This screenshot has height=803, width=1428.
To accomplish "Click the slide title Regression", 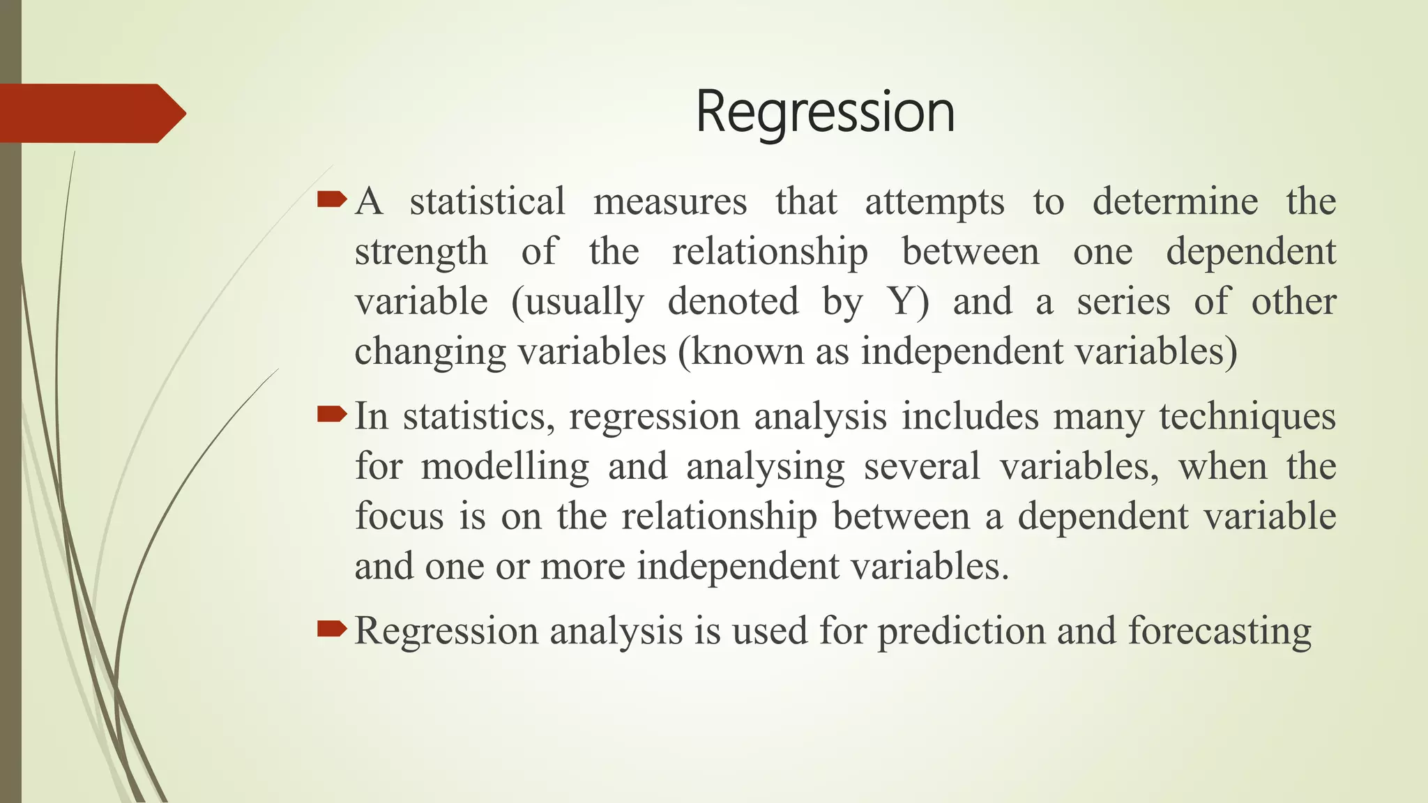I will point(825,113).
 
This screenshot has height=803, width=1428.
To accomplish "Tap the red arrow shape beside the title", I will point(91,114).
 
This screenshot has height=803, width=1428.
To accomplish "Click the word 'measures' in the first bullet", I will point(670,202).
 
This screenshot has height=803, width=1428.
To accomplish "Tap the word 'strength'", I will point(421,252).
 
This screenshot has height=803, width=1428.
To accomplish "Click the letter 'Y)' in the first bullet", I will point(908,303).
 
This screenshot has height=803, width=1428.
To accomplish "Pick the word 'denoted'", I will point(733,302).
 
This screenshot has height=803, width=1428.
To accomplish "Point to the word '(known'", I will point(740,352).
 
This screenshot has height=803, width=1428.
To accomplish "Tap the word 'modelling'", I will point(505,467).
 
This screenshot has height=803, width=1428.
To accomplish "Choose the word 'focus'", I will point(399,517).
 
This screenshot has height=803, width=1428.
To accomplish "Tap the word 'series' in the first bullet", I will point(1123,303).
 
